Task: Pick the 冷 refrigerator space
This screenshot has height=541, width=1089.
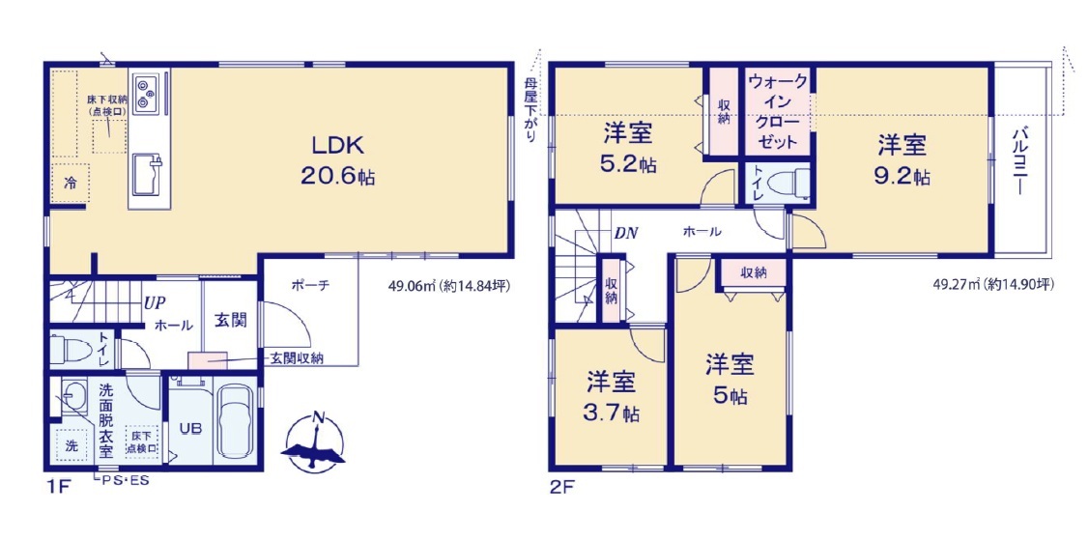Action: tap(71, 184)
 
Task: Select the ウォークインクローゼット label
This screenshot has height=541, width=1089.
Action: tap(778, 112)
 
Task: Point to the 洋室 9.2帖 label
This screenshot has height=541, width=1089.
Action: tap(903, 161)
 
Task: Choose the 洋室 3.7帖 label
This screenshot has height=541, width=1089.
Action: tap(611, 397)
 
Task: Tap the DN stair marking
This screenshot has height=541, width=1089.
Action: tap(626, 233)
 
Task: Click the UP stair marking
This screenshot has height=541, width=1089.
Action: tap(155, 302)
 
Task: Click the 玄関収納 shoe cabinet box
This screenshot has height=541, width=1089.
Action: tap(207, 360)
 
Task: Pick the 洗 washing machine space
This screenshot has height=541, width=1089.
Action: tap(71, 446)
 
